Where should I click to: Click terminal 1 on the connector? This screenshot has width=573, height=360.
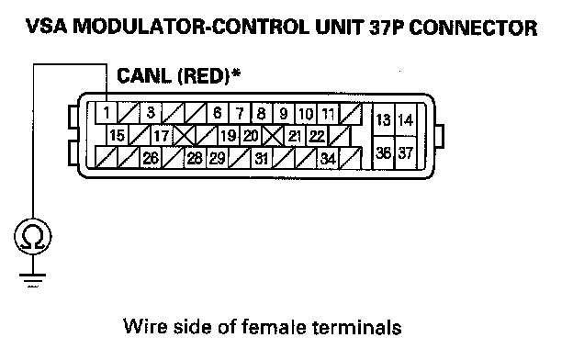pyautogui.click(x=107, y=113)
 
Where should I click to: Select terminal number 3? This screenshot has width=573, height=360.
pyautogui.click(x=151, y=113)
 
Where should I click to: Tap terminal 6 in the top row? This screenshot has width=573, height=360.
pyautogui.click(x=218, y=113)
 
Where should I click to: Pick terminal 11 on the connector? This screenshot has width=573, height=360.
pyautogui.click(x=328, y=114)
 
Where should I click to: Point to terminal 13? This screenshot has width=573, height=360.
pyautogui.click(x=383, y=120)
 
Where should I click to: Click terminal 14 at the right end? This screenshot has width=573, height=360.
pyautogui.click(x=406, y=120)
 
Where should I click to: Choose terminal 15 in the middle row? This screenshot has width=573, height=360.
pyautogui.click(x=118, y=136)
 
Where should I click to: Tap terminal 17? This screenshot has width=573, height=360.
pyautogui.click(x=162, y=136)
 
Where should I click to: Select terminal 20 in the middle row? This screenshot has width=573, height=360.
pyautogui.click(x=251, y=136)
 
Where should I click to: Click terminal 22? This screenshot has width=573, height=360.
pyautogui.click(x=317, y=136)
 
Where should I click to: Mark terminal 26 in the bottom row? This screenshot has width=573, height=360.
pyautogui.click(x=151, y=158)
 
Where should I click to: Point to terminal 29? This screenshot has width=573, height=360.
pyautogui.click(x=218, y=158)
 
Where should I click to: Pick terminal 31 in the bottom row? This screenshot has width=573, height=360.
pyautogui.click(x=262, y=159)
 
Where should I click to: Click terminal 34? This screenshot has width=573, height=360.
pyautogui.click(x=328, y=159)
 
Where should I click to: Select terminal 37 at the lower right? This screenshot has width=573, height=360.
pyautogui.click(x=406, y=153)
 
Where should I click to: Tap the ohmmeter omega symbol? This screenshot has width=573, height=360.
pyautogui.click(x=33, y=237)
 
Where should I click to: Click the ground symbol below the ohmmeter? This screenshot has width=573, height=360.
pyautogui.click(x=33, y=279)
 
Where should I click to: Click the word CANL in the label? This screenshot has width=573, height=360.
pyautogui.click(x=144, y=76)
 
